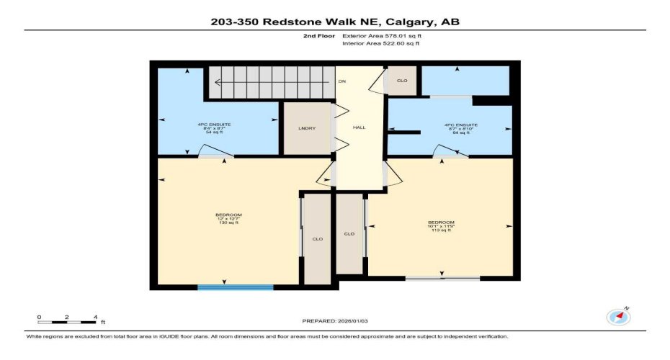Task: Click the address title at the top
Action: point(334,22)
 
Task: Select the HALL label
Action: point(359,127)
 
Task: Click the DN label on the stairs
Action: point(342,81)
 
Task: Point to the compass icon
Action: point(619,316)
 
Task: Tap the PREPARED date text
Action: point(335,320)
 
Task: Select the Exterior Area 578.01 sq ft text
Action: point(380,35)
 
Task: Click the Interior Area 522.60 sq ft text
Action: point(380,43)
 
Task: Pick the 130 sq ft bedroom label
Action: point(228,219)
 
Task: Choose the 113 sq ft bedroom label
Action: point(441,226)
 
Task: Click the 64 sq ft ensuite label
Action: point(461,129)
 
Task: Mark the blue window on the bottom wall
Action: point(236,287)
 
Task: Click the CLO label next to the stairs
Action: point(402,80)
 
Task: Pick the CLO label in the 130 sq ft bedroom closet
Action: point(317,238)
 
